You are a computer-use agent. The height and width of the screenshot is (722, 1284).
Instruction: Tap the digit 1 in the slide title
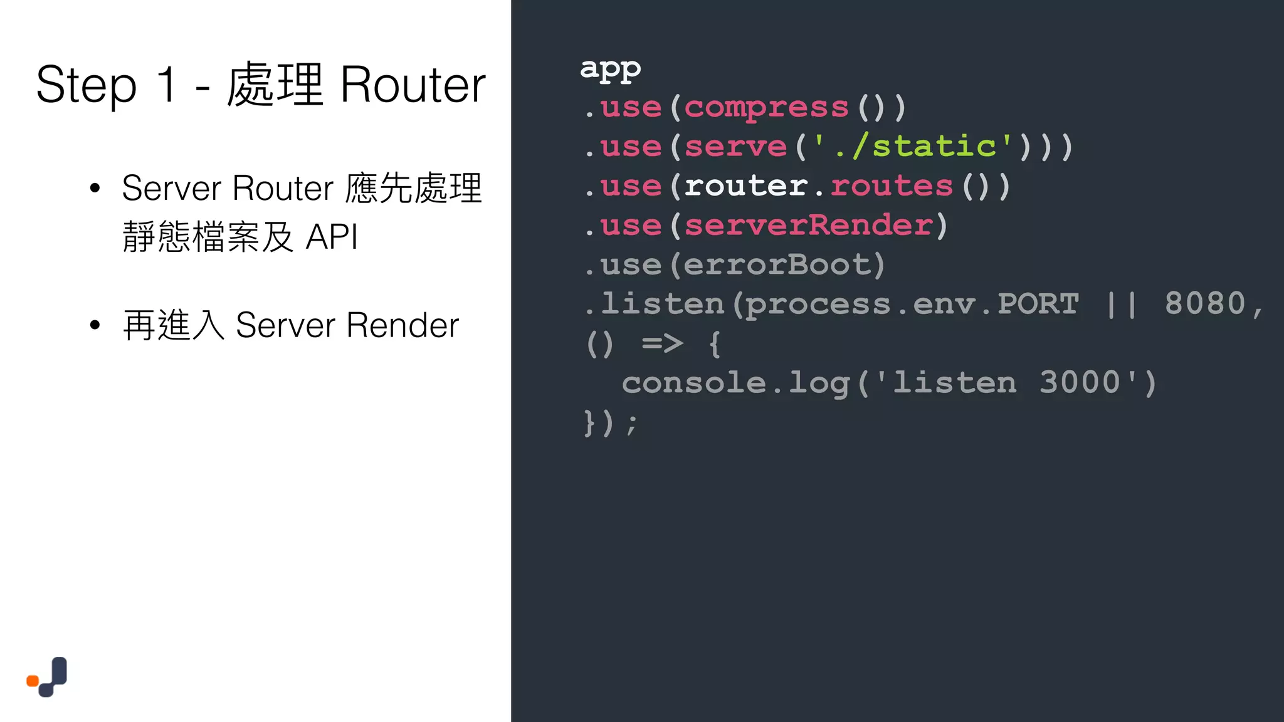[167, 84]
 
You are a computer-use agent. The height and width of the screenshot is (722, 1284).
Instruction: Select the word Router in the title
[413, 85]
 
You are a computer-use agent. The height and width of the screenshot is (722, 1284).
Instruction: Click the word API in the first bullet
[332, 237]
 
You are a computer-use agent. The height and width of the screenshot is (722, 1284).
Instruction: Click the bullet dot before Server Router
[95, 188]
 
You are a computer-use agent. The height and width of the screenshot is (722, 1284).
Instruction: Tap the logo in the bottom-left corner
[47, 677]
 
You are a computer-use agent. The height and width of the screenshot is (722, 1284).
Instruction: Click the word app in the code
[610, 68]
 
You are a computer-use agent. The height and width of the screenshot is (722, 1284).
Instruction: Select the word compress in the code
[766, 107]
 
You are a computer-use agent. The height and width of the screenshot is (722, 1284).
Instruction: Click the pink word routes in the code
[891, 186]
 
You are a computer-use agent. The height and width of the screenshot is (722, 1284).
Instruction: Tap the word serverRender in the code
[808, 225]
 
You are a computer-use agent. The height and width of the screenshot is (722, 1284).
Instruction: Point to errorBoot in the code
[777, 264]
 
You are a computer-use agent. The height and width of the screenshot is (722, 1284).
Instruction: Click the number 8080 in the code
[1204, 304]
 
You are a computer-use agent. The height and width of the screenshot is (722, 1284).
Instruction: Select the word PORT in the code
[1038, 304]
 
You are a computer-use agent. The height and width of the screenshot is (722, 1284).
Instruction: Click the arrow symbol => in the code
[662, 343]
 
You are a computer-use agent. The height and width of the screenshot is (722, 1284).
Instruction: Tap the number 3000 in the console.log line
[1079, 383]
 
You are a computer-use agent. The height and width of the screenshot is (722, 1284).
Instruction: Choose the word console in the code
[693, 383]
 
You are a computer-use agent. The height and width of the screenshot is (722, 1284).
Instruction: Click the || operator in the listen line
[1122, 304]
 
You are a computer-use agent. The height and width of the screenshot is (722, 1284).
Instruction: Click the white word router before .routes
[745, 186]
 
